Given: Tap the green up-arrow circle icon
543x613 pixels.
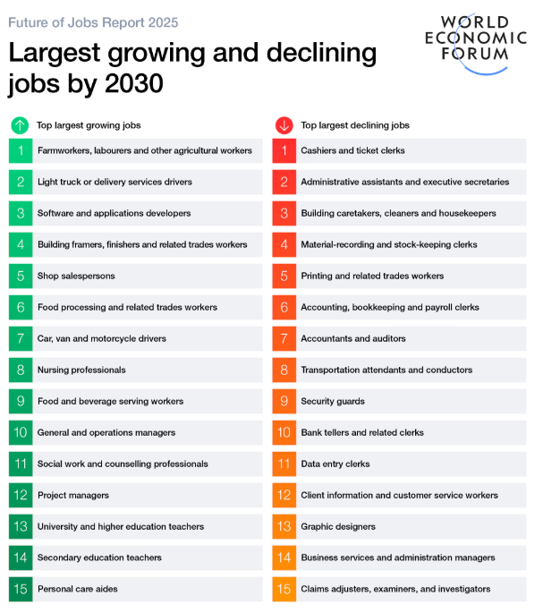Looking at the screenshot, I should click(x=20, y=125).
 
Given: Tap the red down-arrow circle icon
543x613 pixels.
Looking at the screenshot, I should click(x=284, y=125).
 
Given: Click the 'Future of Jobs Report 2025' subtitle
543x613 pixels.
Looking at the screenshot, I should click(x=93, y=22).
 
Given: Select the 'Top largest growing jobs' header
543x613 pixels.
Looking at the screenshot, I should click(x=89, y=125).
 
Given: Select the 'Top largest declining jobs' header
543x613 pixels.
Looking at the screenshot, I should click(x=355, y=125).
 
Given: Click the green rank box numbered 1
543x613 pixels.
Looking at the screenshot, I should click(x=21, y=150).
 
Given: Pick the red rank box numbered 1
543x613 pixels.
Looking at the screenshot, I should click(x=284, y=150).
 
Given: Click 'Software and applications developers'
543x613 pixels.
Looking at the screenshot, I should click(x=114, y=213).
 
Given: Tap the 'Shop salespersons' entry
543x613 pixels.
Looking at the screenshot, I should click(x=76, y=276).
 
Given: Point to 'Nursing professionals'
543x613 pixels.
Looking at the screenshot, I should click(x=81, y=370).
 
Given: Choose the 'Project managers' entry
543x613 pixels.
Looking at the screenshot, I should click(x=73, y=495).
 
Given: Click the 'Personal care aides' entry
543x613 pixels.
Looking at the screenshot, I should click(x=78, y=589).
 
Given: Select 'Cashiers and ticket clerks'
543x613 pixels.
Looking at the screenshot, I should click(x=352, y=150).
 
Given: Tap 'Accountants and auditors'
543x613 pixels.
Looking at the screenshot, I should click(x=353, y=338).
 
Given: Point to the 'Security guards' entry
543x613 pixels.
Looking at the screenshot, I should click(x=333, y=401).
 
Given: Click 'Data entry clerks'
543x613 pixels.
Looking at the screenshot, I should click(x=335, y=464).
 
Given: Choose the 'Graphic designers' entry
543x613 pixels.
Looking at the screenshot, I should click(x=338, y=526).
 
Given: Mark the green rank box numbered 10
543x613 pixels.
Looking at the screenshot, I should click(x=21, y=432).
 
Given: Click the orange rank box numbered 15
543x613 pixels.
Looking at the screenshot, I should click(x=284, y=589).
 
